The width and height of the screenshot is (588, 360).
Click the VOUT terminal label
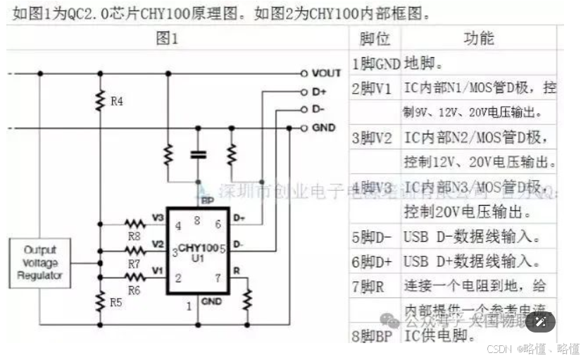[x=326, y=73]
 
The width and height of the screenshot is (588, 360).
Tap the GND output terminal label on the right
[x=323, y=128]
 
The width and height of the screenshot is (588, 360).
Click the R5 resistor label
[x=117, y=304]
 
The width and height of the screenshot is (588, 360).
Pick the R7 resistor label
[x=133, y=263]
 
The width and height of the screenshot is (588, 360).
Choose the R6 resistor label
[x=133, y=290]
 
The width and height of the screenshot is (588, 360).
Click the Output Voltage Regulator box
[x=39, y=262]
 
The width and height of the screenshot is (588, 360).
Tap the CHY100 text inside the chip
[x=198, y=247]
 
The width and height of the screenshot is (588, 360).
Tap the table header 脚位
[x=375, y=38]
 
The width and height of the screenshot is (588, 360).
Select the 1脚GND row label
[x=376, y=64]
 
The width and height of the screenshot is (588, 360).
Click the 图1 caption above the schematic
[x=167, y=39]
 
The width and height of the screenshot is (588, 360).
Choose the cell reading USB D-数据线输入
[x=471, y=237]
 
